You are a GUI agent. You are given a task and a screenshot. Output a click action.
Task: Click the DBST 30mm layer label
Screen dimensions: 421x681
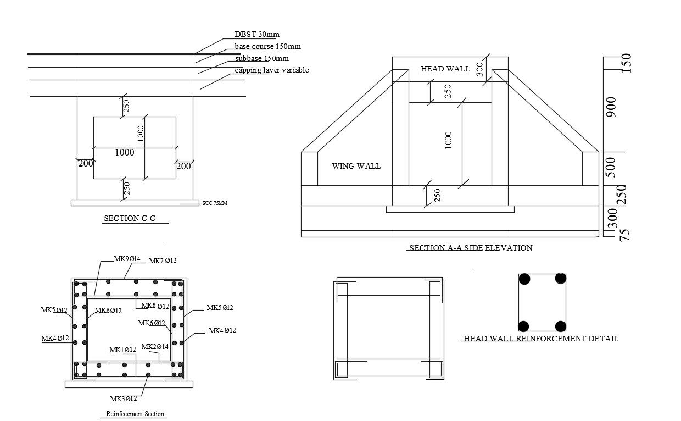point(257,35)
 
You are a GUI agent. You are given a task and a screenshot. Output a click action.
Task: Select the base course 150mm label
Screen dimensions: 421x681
point(267,46)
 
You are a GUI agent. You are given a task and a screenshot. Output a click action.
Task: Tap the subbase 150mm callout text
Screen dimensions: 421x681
point(261,58)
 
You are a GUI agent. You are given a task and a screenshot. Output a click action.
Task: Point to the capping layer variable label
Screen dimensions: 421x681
point(272,70)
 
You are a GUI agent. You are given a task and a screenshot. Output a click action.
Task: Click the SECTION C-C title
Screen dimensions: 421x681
point(130,218)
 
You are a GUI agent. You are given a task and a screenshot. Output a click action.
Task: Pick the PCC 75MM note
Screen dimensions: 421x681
point(215,203)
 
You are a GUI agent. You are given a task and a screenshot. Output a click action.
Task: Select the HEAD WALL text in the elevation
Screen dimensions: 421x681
point(445,69)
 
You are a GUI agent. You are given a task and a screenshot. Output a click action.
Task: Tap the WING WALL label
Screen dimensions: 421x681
point(356,166)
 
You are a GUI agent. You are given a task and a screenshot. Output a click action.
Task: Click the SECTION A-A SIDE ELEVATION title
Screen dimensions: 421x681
point(471,248)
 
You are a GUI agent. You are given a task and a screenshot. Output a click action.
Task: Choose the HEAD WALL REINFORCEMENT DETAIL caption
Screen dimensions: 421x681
point(541,339)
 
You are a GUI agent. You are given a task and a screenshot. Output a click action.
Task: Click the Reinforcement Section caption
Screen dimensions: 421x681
point(135,414)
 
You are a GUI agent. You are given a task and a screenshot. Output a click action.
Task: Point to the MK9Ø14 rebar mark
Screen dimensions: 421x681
point(127,259)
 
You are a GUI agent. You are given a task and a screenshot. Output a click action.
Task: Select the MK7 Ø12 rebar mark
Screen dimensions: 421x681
point(163,261)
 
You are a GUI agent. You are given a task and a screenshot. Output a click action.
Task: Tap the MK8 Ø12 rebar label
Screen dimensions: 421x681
point(155,306)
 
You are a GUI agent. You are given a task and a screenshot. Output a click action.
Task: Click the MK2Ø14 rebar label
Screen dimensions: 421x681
point(155,347)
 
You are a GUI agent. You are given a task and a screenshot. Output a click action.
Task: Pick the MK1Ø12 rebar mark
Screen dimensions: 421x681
point(122,350)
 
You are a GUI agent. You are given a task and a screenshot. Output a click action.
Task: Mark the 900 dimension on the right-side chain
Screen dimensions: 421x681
point(611,107)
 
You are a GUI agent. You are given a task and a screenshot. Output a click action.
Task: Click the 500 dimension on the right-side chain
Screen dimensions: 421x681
point(611,167)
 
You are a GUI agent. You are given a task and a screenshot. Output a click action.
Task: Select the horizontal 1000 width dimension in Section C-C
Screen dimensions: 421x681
point(125,153)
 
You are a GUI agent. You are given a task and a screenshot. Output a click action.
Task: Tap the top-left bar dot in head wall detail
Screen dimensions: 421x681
point(525,279)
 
